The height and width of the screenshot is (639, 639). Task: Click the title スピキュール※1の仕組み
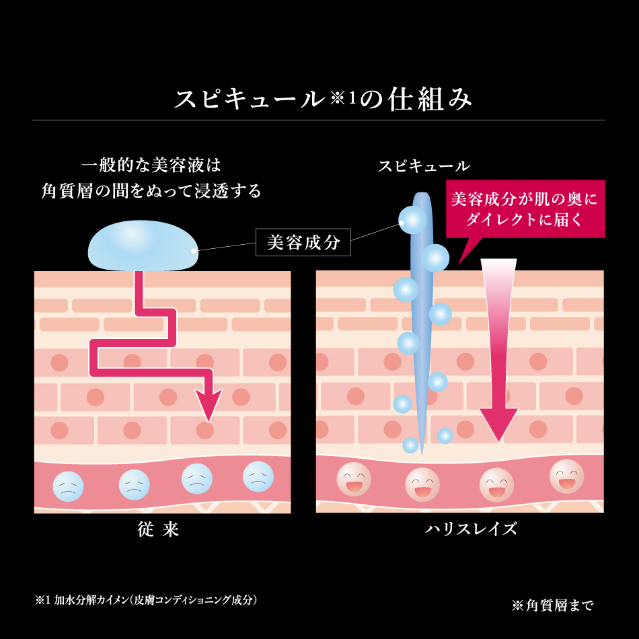click(323, 99)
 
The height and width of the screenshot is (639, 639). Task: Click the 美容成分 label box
click(303, 242)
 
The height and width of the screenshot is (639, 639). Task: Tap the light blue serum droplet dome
click(143, 246)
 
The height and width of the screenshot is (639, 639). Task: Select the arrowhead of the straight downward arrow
click(498, 424)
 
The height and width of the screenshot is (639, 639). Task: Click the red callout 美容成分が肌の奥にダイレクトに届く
click(525, 209)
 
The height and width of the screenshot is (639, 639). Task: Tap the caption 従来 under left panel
click(158, 529)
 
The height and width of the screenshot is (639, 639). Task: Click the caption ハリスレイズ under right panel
click(471, 529)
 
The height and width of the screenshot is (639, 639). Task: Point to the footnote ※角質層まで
click(552, 605)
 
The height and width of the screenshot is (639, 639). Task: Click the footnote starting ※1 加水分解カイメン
click(146, 600)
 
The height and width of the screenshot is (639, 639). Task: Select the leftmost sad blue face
click(68, 486)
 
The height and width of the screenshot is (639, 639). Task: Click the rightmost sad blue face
click(258, 476)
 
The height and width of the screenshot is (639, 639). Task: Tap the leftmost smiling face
click(354, 479)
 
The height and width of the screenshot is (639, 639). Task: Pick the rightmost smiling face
click(566, 476)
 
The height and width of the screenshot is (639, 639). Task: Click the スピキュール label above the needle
click(424, 166)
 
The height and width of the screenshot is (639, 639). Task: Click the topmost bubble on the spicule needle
click(412, 220)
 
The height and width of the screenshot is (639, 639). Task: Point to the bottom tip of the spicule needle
click(421, 453)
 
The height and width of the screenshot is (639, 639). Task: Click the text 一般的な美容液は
click(151, 165)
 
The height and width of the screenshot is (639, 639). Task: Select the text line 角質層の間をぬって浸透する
click(151, 191)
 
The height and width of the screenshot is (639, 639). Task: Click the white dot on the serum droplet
click(194, 251)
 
